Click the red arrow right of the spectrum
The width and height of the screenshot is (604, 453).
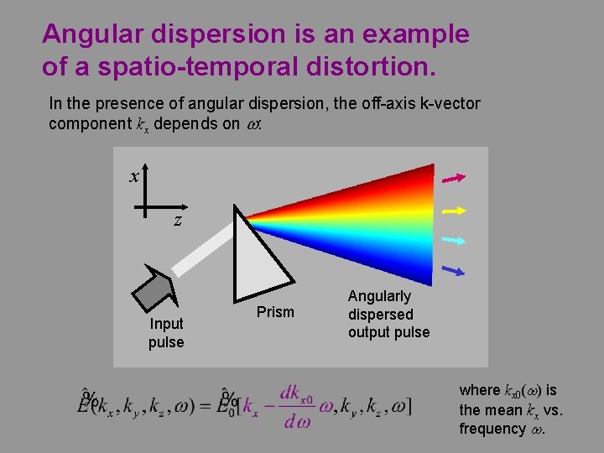[454, 178]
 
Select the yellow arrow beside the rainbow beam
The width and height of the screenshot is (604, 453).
[454, 209]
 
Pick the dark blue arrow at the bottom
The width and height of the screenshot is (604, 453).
[454, 270]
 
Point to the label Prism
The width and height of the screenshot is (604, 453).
[275, 312]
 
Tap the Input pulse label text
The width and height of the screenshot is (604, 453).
[166, 333]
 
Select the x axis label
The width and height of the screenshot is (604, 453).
[133, 176]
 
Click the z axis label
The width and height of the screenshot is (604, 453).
[178, 221]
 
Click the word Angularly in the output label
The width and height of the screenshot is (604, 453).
[379, 296]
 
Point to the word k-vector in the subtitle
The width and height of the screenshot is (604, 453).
[445, 104]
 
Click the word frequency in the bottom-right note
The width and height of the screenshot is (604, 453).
[492, 429]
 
